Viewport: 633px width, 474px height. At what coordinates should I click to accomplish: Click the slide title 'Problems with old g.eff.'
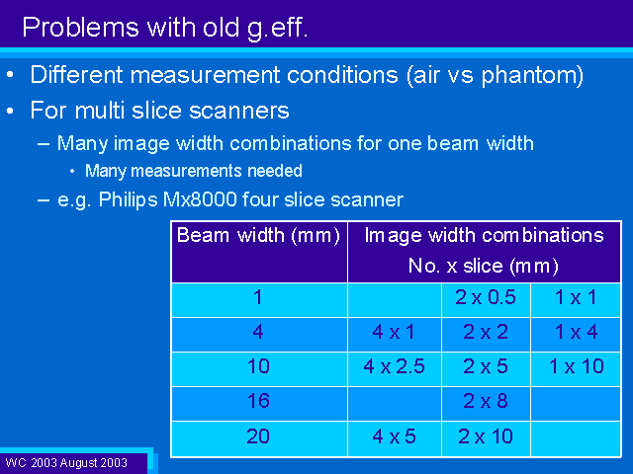[165, 29]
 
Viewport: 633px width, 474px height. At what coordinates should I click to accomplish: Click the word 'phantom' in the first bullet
[528, 75]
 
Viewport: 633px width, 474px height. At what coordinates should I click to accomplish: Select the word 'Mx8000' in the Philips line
[200, 199]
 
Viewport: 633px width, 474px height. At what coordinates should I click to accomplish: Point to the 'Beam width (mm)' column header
[258, 235]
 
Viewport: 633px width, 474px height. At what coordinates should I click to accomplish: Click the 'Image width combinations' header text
[484, 235]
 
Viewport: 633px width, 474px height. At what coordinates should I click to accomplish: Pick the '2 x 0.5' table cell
[486, 297]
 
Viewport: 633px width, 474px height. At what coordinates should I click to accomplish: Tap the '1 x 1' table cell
[576, 297]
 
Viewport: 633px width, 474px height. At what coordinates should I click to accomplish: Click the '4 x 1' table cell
[394, 332]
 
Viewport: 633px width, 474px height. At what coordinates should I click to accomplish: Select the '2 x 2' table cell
[486, 332]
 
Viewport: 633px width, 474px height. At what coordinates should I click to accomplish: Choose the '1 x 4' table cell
[576, 332]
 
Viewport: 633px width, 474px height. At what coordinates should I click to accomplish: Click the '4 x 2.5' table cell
[394, 366]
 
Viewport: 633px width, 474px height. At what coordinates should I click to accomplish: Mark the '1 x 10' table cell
[576, 366]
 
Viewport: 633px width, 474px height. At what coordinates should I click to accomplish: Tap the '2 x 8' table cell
[486, 401]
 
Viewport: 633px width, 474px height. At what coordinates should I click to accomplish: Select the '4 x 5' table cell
[394, 436]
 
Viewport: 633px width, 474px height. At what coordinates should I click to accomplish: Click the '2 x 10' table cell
[486, 436]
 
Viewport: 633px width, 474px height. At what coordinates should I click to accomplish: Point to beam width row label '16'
[258, 401]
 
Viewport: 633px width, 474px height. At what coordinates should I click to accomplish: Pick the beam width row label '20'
[258, 436]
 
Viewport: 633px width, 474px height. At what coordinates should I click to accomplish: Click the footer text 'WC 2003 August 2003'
[66, 463]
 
